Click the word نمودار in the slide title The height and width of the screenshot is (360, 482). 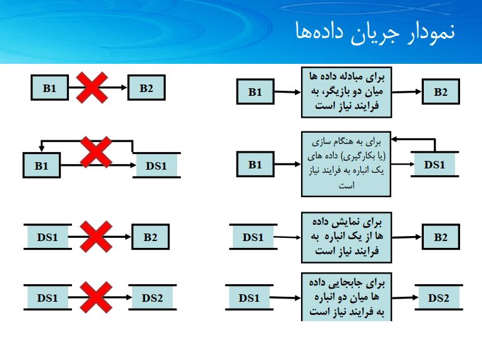pyautogui.click(x=431, y=32)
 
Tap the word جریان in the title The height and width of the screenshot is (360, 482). pyautogui.click(x=376, y=33)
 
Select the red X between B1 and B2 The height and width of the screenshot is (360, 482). pyautogui.click(x=92, y=88)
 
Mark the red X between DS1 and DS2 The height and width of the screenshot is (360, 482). pyautogui.click(x=96, y=297)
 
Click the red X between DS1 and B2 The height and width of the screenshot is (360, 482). pyautogui.click(x=96, y=237)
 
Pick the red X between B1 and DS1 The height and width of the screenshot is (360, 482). pyautogui.click(x=96, y=152)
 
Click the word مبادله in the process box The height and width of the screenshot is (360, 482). pyautogui.click(x=346, y=76)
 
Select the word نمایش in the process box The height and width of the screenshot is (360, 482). pyautogui.click(x=350, y=222)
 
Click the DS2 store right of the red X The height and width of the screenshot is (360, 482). pyautogui.click(x=153, y=297)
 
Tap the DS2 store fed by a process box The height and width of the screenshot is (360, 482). pyautogui.click(x=439, y=297)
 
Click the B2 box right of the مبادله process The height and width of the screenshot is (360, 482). pyautogui.click(x=441, y=91)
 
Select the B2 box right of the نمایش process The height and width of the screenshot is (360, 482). pyautogui.click(x=441, y=237)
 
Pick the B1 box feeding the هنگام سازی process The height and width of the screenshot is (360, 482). pyautogui.click(x=255, y=164)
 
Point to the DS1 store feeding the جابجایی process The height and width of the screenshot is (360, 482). pyautogui.click(x=249, y=297)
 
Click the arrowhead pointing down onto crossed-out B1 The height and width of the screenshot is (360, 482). pyautogui.click(x=41, y=149)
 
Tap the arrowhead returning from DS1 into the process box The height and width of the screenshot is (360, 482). pyautogui.click(x=394, y=139)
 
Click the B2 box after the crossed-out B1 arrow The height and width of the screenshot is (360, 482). pyautogui.click(x=146, y=88)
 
